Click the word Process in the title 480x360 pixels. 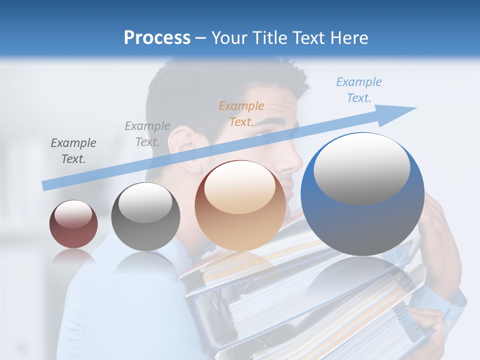(x=157, y=38)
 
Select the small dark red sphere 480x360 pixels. (x=73, y=224)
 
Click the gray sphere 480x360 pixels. (x=145, y=216)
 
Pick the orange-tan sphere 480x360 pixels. (x=240, y=205)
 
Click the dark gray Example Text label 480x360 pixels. (x=73, y=150)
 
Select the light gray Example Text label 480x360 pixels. (x=147, y=133)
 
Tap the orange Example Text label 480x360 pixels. (x=241, y=113)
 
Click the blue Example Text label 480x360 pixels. (x=359, y=89)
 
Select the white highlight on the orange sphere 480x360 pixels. (x=240, y=187)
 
